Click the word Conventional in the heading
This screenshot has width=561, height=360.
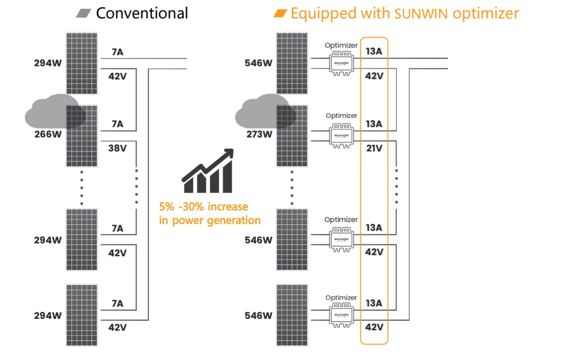click(142, 13)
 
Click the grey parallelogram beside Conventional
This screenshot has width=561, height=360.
click(83, 13)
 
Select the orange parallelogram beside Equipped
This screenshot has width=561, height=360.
click(280, 13)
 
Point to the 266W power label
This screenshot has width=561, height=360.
click(48, 134)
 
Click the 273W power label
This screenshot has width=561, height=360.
click(259, 134)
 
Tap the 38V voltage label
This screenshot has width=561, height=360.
click(117, 148)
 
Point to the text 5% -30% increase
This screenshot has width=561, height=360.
click(204, 207)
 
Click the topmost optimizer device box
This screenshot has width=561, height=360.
click(341, 64)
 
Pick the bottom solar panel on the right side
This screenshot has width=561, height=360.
click(292, 315)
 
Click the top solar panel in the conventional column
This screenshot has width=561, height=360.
click(82, 64)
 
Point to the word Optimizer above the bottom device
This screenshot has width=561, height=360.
click(341, 297)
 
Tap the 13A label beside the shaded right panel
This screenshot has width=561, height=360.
click(374, 124)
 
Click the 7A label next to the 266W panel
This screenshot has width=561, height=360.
click(117, 124)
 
